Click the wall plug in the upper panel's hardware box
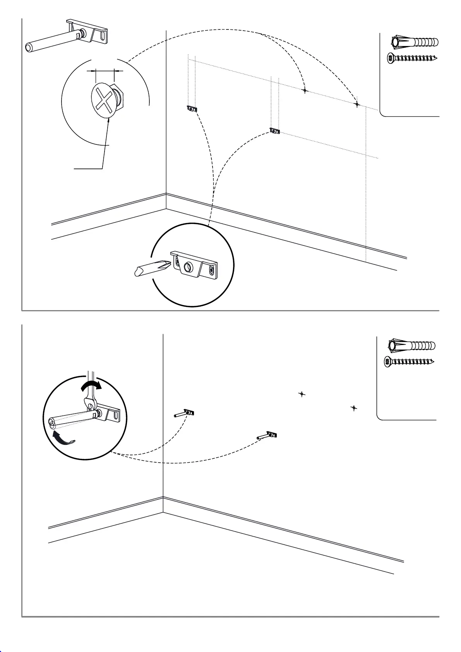414,42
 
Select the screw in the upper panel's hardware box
412,58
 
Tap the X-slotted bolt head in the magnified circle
103,100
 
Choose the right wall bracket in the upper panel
274,131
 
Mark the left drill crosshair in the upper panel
305,90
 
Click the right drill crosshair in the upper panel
357,104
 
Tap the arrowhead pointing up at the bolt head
109,120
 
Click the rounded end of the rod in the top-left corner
29,47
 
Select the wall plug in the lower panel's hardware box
411,345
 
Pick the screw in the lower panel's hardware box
409,362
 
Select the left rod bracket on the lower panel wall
185,414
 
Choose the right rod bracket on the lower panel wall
267,436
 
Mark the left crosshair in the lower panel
302,394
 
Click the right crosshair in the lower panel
354,408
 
